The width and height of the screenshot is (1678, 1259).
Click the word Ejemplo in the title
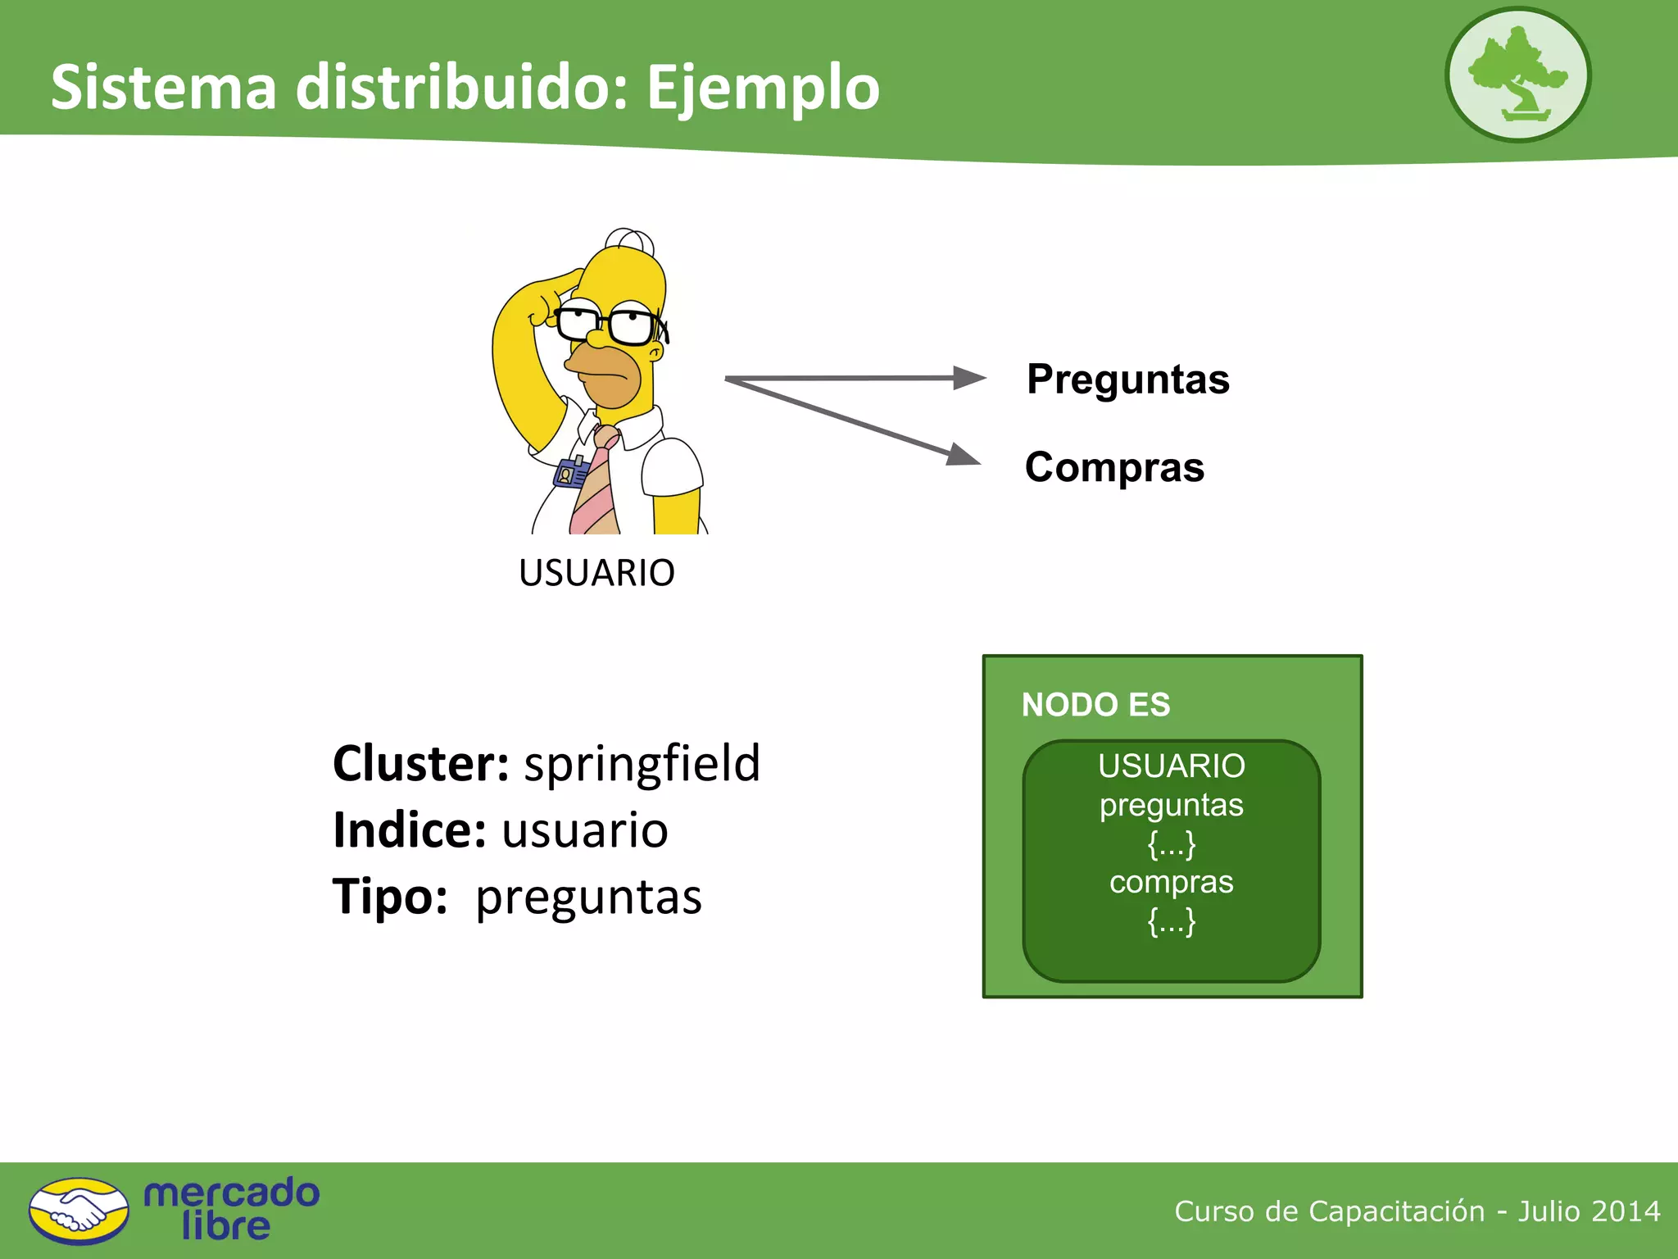point(763,88)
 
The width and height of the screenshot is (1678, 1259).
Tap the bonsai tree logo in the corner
point(1517,75)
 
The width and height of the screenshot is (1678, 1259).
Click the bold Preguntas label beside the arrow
point(1127,380)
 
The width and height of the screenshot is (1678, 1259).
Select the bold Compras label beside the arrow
point(1114,467)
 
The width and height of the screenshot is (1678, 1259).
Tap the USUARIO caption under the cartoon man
point(596,572)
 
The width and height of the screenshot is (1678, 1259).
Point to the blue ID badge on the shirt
point(571,473)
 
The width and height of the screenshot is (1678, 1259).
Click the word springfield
point(642,763)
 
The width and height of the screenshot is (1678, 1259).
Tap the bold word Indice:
point(410,830)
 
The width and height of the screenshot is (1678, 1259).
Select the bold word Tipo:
point(390,897)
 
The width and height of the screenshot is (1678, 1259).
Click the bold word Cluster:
point(421,763)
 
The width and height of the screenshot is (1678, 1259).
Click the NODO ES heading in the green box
point(1095,705)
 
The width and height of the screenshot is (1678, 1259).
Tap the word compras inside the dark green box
point(1171,882)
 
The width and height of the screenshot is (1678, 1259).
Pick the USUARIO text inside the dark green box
point(1171,766)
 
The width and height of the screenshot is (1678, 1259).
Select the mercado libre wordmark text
point(231,1210)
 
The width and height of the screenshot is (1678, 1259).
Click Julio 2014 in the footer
point(1589,1211)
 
